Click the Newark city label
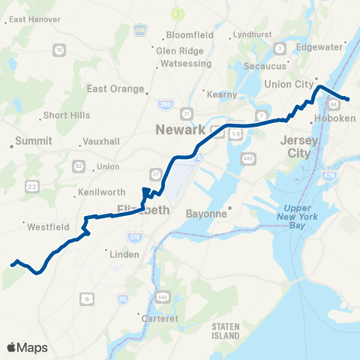pos(180,130)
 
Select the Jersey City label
pos(295,146)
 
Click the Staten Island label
pos(225,330)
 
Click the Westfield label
pos(49,225)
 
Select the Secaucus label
pos(266,65)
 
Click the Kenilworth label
pos(103,193)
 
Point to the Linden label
pos(124,254)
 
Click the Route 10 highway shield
pos(59,49)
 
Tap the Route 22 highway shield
pos(10,185)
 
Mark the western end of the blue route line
pos(11,264)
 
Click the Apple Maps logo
pos(27,347)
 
